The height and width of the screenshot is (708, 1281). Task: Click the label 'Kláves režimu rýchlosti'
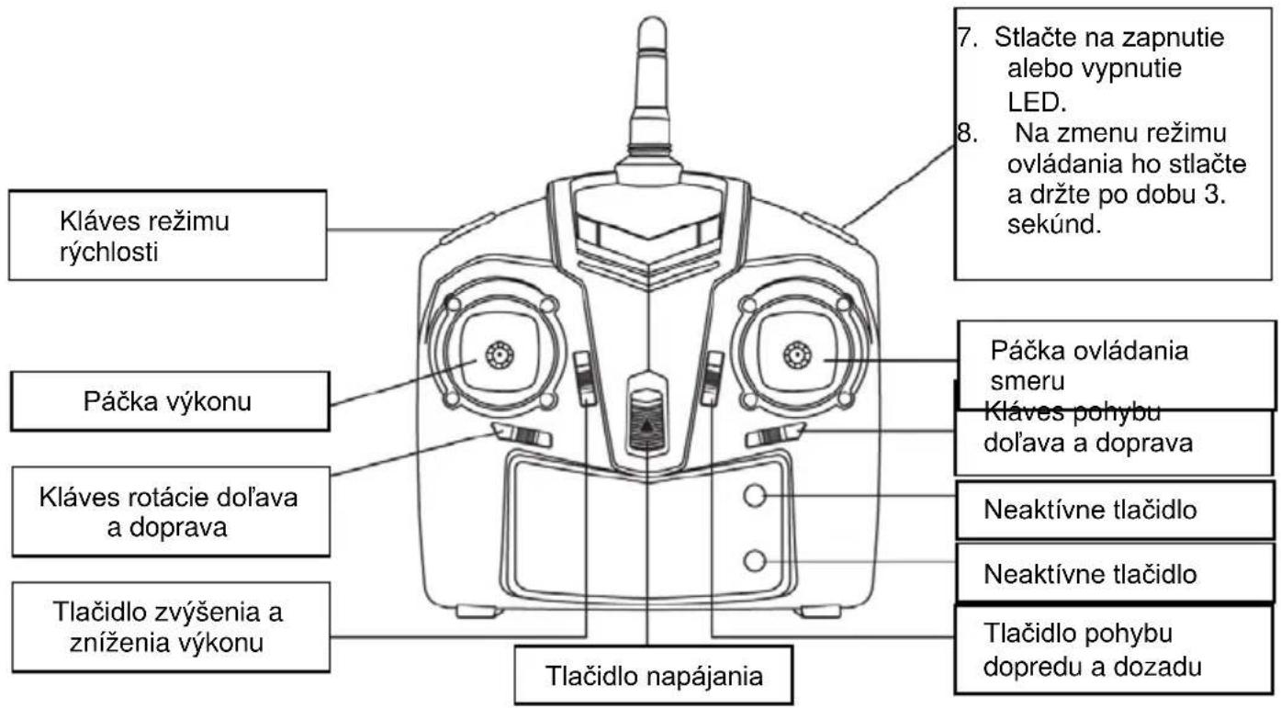coord(144,236)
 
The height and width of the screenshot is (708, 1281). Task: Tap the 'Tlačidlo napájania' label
coord(654,676)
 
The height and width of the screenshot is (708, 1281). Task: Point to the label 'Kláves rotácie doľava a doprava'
coord(168,511)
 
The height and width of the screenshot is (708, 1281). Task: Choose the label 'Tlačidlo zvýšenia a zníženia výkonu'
coord(167,627)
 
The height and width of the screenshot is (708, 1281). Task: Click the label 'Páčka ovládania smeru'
coord(1089,365)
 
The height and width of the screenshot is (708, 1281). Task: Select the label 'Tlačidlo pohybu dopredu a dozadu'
coord(1092,649)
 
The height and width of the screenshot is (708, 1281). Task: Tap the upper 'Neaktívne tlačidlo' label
coord(1090,510)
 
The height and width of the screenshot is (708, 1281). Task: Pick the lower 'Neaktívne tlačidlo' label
coord(1090,574)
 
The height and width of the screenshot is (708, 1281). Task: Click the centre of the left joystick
coord(500,355)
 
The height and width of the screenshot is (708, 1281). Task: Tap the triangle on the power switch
coord(646,425)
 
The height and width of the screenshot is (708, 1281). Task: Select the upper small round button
coord(755,495)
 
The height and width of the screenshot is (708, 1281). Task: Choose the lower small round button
coord(755,560)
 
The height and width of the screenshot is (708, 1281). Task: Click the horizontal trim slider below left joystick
coord(521,434)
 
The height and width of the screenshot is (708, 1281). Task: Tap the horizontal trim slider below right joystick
coord(775,434)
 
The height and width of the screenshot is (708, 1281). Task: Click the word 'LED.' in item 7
coord(1037,102)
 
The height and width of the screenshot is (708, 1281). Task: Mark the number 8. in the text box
coord(966,132)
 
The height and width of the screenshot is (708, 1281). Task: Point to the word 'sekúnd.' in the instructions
coord(1054,224)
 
